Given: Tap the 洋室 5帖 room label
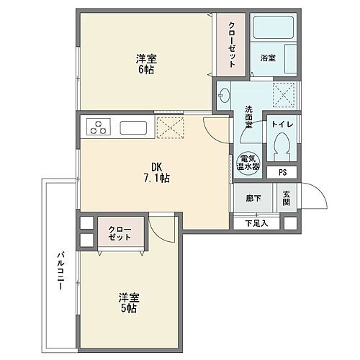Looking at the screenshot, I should point(129,302).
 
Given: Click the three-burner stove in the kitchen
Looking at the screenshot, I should point(97,128).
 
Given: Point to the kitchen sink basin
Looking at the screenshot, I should point(134,128).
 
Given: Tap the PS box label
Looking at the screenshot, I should point(282,173).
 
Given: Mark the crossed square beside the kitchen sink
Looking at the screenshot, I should point(171,128).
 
